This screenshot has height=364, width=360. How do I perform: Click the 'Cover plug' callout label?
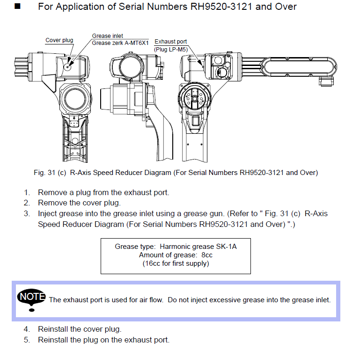[59, 40]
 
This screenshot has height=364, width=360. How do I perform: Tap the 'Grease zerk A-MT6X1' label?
[120, 43]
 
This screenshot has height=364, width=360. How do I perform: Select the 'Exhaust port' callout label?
[171, 42]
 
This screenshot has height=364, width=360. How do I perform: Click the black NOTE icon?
[31, 298]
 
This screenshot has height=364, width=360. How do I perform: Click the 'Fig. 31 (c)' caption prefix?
[50, 173]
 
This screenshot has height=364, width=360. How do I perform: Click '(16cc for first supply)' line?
[176, 263]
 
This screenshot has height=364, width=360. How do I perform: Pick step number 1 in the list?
[27, 192]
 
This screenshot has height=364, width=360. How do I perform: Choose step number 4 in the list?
[27, 329]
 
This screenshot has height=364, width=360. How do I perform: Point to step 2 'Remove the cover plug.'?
[79, 203]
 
